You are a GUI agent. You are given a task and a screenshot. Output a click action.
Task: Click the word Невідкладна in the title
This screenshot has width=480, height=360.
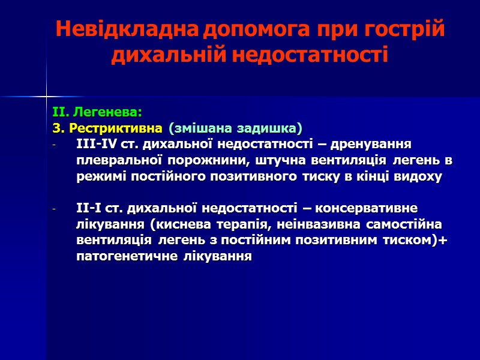click(x=127, y=29)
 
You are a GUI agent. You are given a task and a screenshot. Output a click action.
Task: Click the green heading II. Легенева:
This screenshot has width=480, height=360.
click(x=97, y=112)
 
